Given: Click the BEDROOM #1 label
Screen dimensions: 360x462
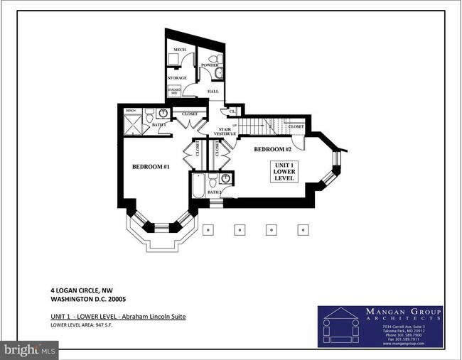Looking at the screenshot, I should click(150, 167).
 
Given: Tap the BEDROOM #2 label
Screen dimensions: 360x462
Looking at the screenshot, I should click(273, 149).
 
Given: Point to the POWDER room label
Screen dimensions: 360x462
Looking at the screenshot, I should click(209, 65).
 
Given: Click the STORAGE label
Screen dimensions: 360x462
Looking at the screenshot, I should click(178, 77).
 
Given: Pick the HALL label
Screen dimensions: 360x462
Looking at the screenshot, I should click(213, 92).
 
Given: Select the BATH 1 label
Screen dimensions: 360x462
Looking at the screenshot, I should click(159, 125).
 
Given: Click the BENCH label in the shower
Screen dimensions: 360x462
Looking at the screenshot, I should click(131, 111).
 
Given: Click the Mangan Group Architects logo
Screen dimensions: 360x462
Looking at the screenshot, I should click(380, 327).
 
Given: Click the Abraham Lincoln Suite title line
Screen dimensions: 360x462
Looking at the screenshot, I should click(117, 315).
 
